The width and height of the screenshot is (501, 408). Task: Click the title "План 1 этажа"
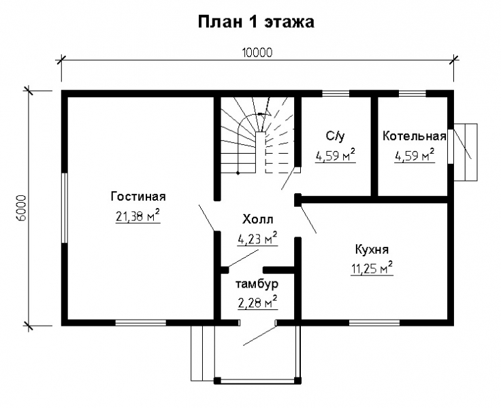pyautogui.click(x=255, y=22)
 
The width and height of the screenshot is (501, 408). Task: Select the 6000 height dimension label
pyautogui.click(x=20, y=209)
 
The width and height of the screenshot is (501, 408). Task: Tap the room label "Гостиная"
pyautogui.click(x=138, y=197)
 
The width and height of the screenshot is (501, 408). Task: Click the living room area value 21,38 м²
pyautogui.click(x=138, y=217)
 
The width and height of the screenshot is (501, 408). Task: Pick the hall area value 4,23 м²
pyautogui.click(x=257, y=239)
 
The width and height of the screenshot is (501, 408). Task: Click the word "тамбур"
pyautogui.click(x=257, y=283)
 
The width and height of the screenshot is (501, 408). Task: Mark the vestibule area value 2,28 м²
pyautogui.click(x=257, y=302)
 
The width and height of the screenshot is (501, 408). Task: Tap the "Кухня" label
pyautogui.click(x=372, y=249)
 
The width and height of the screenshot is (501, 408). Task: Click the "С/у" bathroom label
pyautogui.click(x=335, y=135)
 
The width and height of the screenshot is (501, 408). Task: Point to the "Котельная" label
pyautogui.click(x=414, y=135)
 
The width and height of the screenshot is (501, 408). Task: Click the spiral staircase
pyautogui.click(x=257, y=139)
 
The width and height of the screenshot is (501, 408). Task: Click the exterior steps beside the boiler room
pyautogui.click(x=467, y=152)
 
